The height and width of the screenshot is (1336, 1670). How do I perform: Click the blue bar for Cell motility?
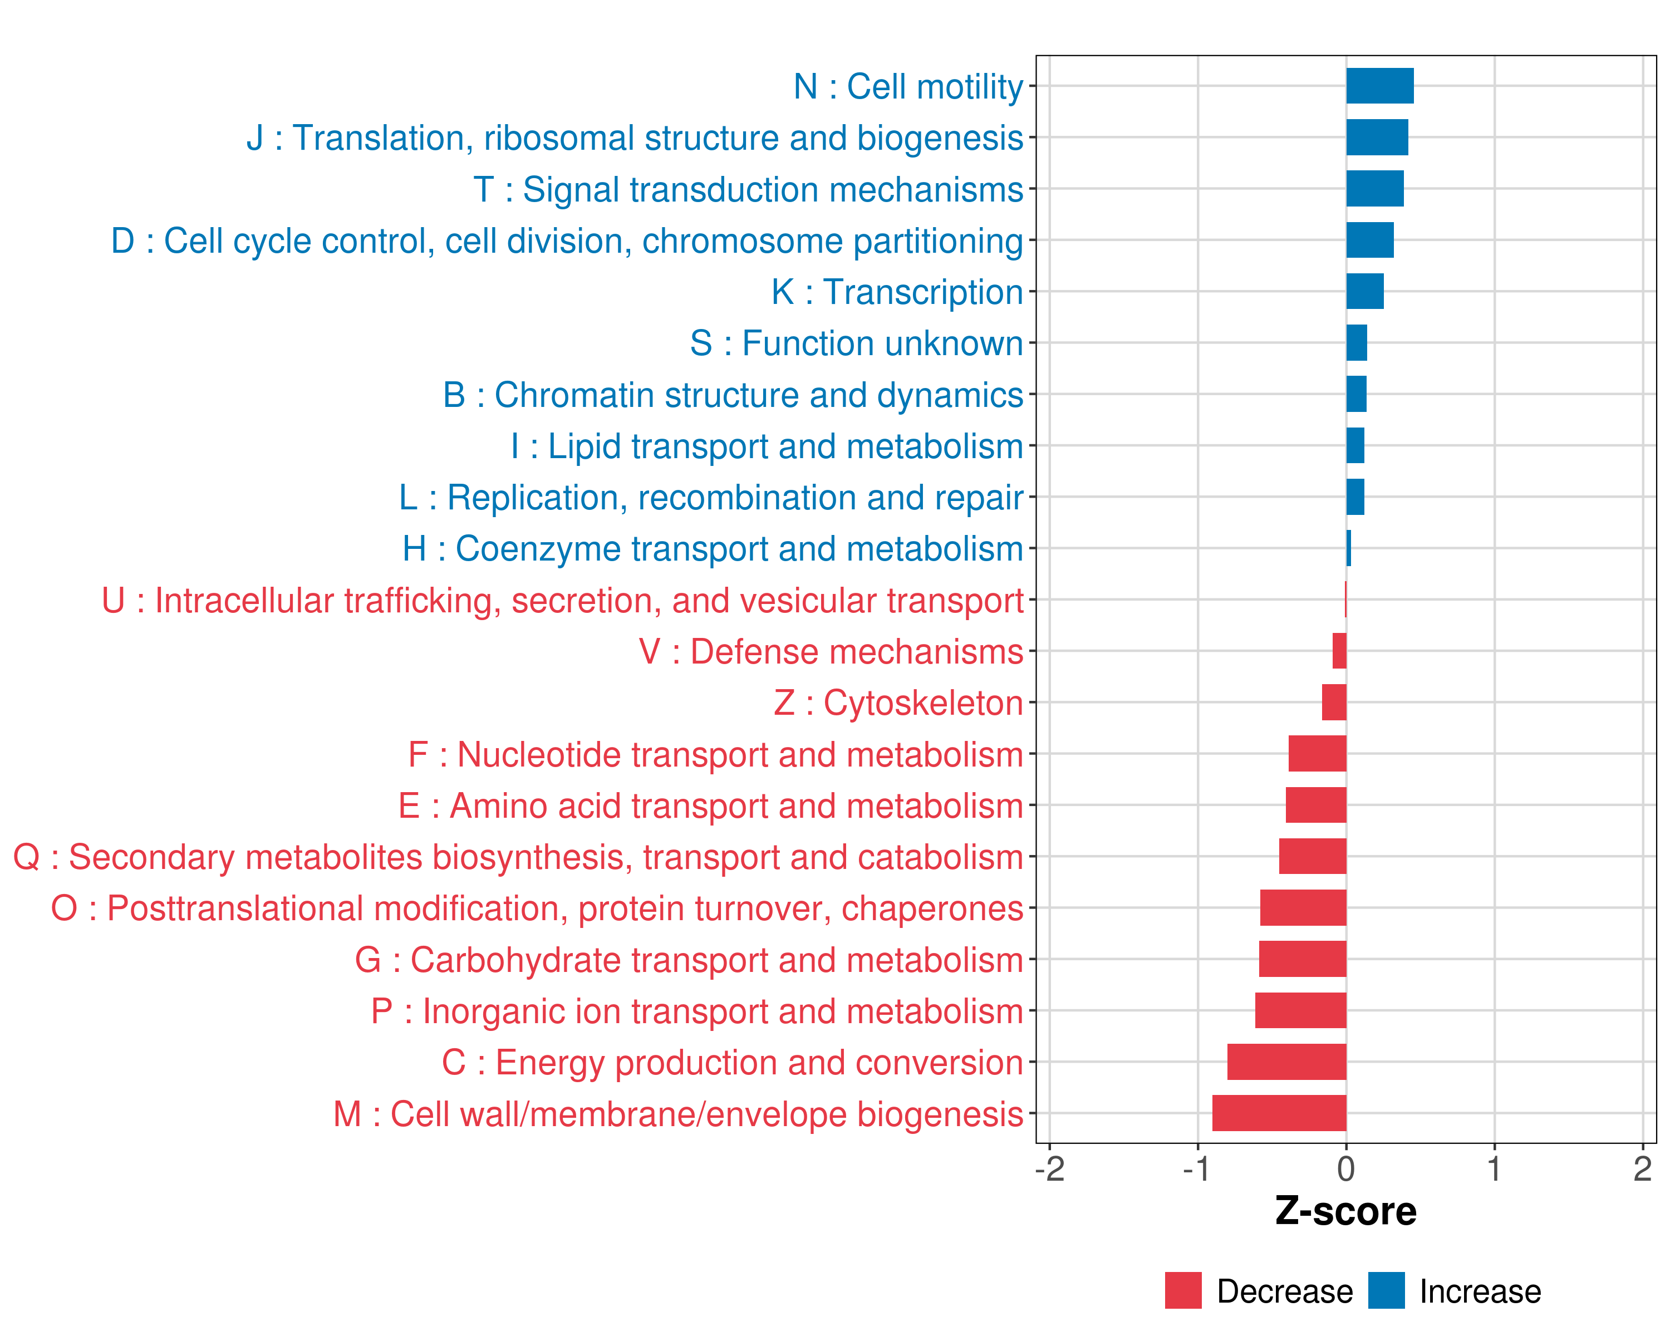(1379, 86)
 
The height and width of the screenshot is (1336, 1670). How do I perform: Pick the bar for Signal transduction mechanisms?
(1375, 189)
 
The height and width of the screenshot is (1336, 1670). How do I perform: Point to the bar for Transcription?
(1365, 291)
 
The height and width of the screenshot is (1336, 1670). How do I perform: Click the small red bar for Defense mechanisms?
(1339, 651)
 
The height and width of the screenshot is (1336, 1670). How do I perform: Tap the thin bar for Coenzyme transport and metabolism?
(1349, 548)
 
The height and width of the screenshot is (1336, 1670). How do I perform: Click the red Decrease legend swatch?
(1183, 1290)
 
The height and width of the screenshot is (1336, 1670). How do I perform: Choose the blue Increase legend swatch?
(1386, 1290)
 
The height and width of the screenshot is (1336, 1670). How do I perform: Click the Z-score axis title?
(1345, 1211)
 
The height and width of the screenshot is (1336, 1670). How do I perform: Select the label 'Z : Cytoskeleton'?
(898, 703)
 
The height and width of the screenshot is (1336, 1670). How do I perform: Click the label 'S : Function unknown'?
(857, 343)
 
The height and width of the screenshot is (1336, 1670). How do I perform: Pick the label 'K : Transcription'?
(897, 292)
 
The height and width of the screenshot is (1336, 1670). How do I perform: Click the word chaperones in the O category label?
(932, 909)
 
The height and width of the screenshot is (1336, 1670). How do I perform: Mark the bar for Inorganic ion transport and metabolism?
(1300, 1010)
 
